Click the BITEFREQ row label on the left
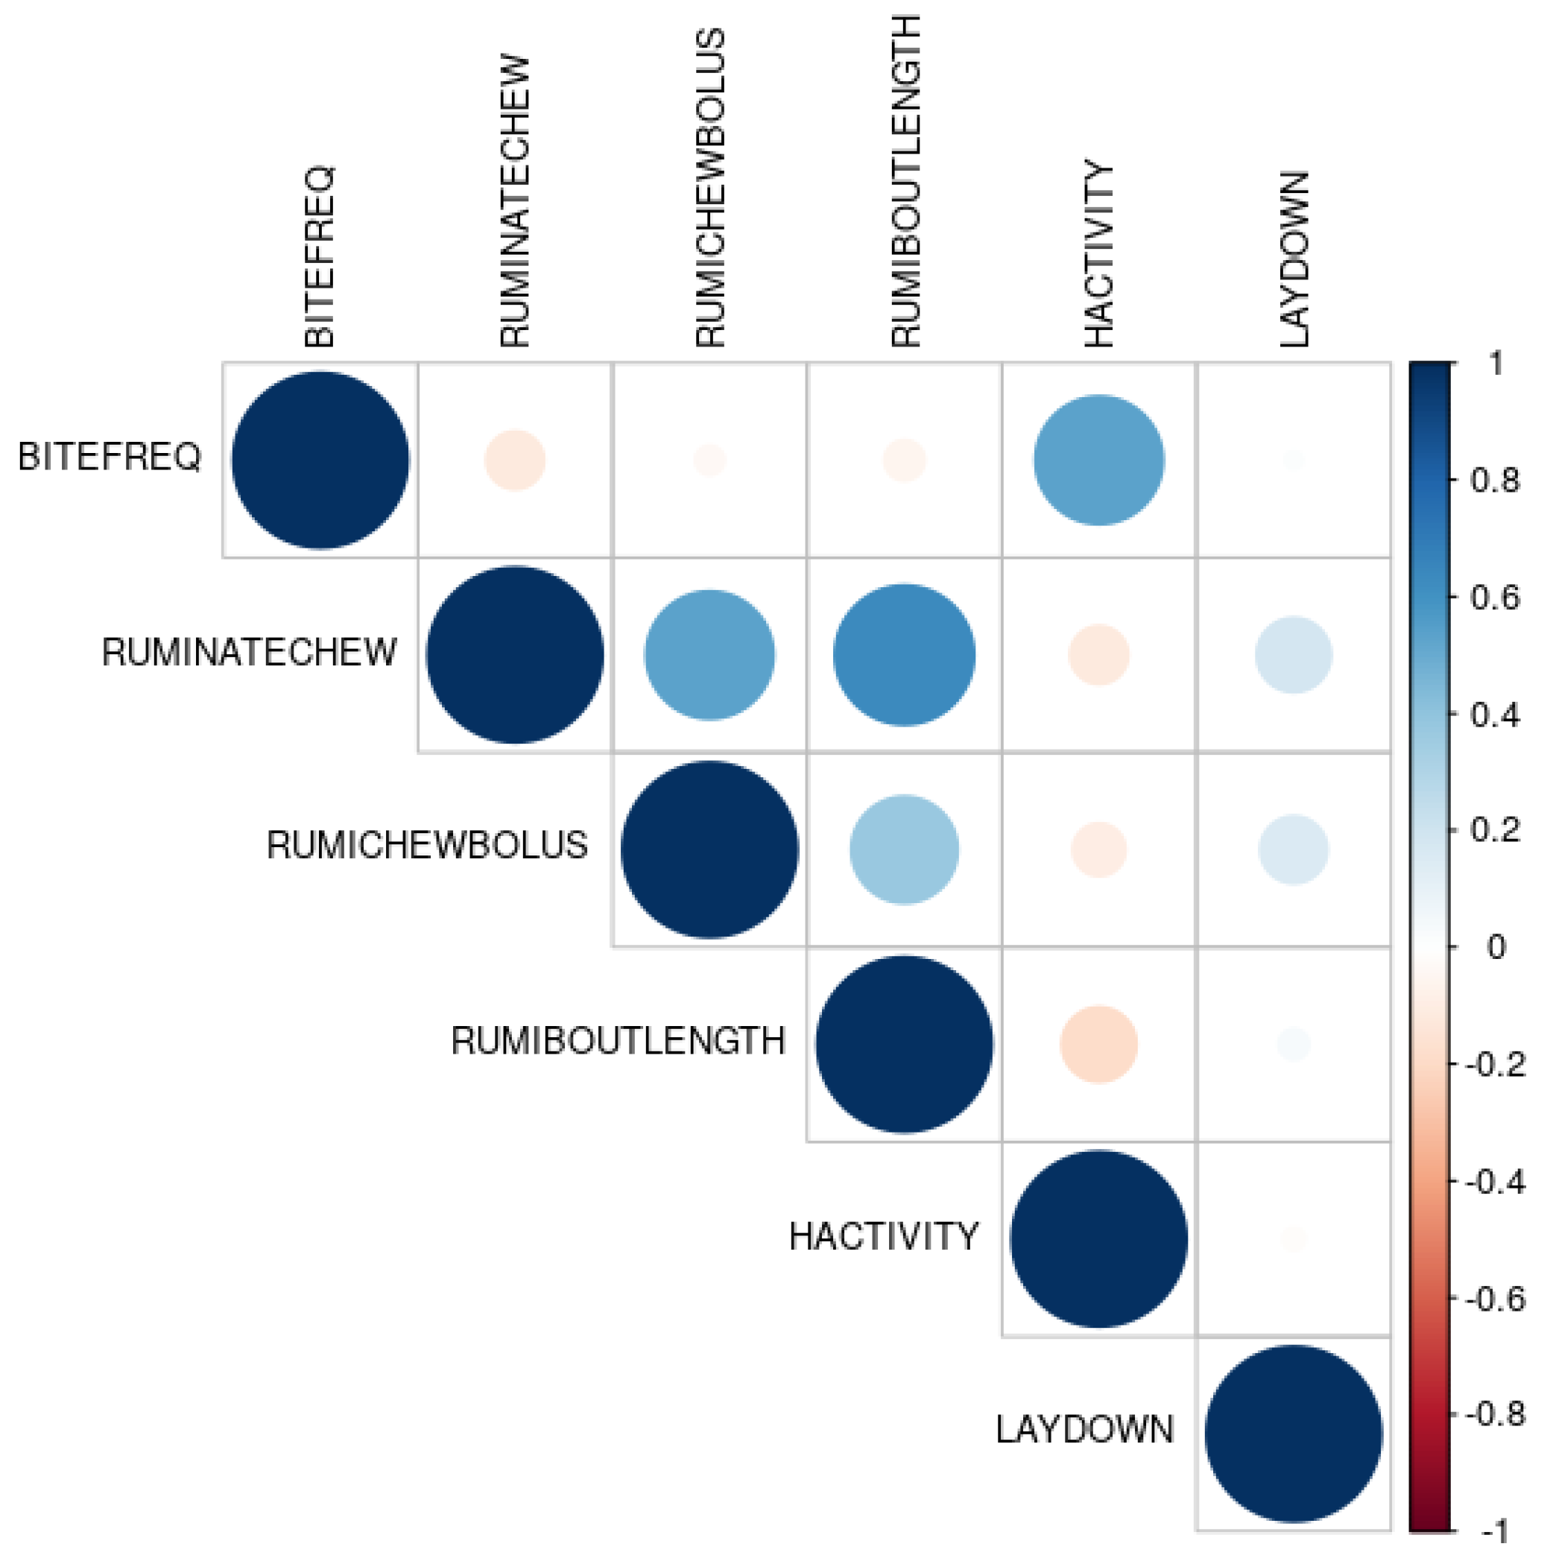(110, 457)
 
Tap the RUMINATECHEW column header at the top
(514, 201)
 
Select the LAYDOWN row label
(1084, 1429)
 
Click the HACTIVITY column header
(1099, 253)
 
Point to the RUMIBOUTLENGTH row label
(619, 1041)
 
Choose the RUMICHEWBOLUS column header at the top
(710, 189)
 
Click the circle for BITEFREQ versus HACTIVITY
(1099, 460)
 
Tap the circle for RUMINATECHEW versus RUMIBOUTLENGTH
(905, 654)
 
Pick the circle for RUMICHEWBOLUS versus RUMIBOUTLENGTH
(905, 849)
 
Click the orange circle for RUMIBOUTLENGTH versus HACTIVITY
(1099, 1044)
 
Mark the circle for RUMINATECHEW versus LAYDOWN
(1294, 654)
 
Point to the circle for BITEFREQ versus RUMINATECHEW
(515, 460)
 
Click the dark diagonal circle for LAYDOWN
(1294, 1433)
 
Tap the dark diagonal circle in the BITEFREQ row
(320, 460)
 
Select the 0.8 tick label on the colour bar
(1495, 480)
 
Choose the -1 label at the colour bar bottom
(1495, 1531)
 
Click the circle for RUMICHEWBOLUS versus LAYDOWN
(1294, 849)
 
